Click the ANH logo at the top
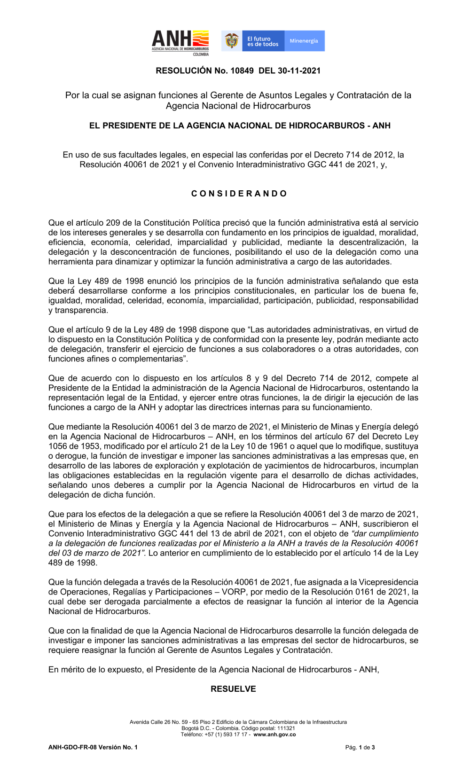click(180, 42)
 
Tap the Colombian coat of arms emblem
click(232, 41)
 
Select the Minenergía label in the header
click(304, 41)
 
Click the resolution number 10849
click(242, 71)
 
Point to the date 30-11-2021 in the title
click(299, 71)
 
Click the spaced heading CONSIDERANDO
click(239, 194)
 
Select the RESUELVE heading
click(233, 689)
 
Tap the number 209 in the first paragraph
click(113, 223)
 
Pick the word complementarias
click(151, 359)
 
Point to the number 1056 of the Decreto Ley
click(58, 446)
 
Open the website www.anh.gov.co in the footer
click(274, 735)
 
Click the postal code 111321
click(286, 728)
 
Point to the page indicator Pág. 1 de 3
click(360, 747)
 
